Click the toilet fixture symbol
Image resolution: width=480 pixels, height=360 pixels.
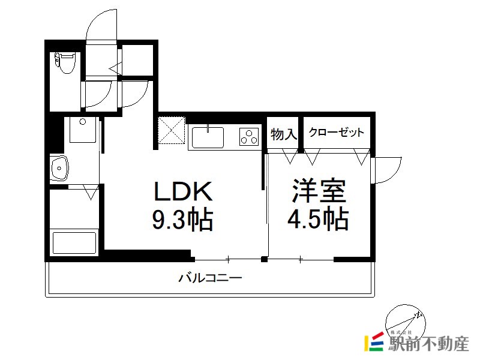65,63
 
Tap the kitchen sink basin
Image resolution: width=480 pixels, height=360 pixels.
208,137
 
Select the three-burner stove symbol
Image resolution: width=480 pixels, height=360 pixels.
249,137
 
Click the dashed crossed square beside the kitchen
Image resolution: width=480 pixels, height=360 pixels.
172,130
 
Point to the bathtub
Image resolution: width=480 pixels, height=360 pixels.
74,243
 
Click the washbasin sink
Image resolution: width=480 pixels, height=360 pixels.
59,169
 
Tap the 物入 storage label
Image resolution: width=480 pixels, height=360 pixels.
284,134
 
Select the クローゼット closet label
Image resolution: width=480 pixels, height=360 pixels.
337,132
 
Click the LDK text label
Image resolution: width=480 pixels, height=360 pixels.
183,191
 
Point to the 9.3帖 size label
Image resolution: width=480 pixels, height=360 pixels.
182,219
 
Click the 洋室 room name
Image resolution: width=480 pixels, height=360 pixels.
319,190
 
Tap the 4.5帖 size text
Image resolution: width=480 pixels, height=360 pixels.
318,219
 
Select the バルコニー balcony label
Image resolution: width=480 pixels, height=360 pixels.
211,278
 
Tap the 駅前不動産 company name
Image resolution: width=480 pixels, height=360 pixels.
428,344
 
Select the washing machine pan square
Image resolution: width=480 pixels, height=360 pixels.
83,130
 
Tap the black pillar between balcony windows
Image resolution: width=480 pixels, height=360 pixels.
264,260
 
